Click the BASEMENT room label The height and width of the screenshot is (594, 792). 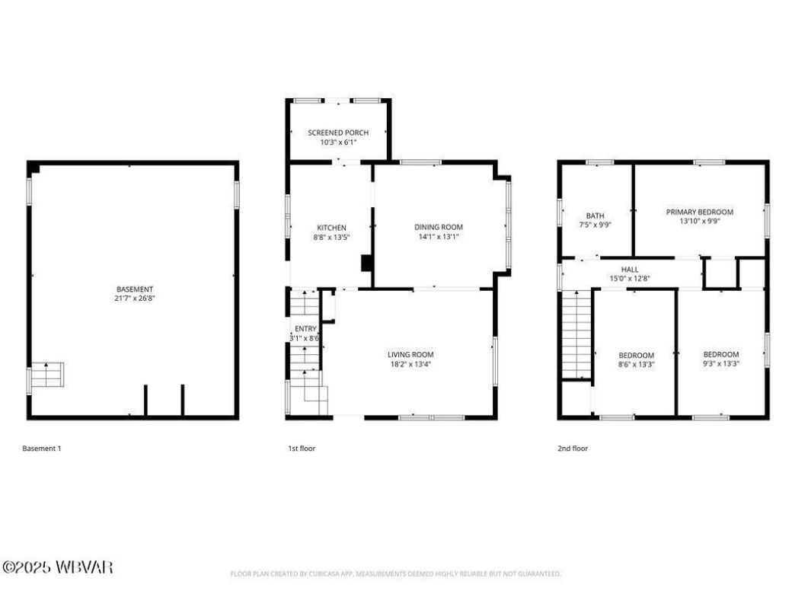[135, 289]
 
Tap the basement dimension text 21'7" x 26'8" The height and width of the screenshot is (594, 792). [135, 299]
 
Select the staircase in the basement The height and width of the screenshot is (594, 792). [47, 376]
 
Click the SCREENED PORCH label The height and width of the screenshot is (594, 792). [338, 133]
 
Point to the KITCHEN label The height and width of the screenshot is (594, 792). [331, 228]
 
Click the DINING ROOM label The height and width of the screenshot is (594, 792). [438, 227]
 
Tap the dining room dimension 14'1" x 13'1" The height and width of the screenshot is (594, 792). [438, 237]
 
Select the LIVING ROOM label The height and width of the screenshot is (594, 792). [410, 354]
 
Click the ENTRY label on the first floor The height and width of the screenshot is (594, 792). [305, 328]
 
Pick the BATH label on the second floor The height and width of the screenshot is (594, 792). [595, 216]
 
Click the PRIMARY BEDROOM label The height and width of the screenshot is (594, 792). [699, 212]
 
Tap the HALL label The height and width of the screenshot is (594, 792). [630, 270]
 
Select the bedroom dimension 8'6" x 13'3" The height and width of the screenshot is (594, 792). [636, 365]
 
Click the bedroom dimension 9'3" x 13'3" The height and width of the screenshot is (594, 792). [720, 364]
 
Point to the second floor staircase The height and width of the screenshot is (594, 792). [576, 335]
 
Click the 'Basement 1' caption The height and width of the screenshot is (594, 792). [42, 449]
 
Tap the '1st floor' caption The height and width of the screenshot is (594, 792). [302, 449]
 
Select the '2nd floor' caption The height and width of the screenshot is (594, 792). [573, 449]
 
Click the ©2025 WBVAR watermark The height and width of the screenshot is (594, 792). [58, 567]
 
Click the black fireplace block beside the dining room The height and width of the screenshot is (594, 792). [366, 263]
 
